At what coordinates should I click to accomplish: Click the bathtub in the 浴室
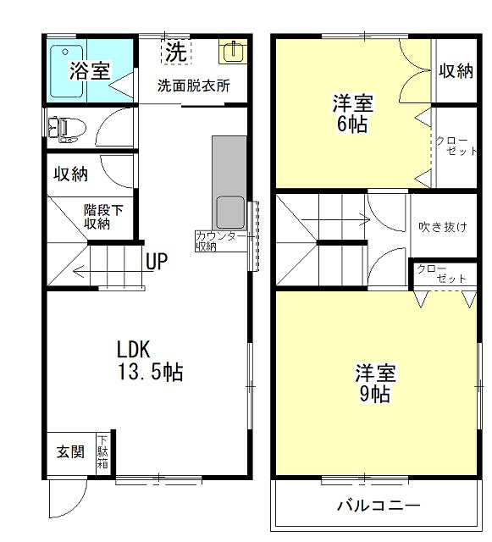pos(67,71)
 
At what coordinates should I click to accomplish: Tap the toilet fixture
pos(67,130)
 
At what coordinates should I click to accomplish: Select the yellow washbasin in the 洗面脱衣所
pos(233,52)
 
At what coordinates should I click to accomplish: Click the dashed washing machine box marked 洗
pos(176,52)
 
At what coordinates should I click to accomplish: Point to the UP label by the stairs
pos(157,262)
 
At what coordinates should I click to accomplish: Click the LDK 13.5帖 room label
pos(150,361)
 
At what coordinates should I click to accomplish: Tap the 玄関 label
pos(70,451)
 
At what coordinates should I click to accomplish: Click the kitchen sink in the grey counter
pos(230,212)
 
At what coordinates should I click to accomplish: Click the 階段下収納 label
pos(103,217)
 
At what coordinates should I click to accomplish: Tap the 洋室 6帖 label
pos(353,113)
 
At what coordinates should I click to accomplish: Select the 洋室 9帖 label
pos(375,383)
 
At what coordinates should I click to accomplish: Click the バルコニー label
pos(379,506)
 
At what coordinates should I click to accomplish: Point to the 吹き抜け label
pos(443,227)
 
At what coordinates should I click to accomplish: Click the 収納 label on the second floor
pos(456,71)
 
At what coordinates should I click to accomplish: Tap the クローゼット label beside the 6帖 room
pos(456,146)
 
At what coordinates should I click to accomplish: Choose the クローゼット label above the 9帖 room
pos(441,274)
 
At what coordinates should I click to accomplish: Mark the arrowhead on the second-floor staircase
pos(366,219)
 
